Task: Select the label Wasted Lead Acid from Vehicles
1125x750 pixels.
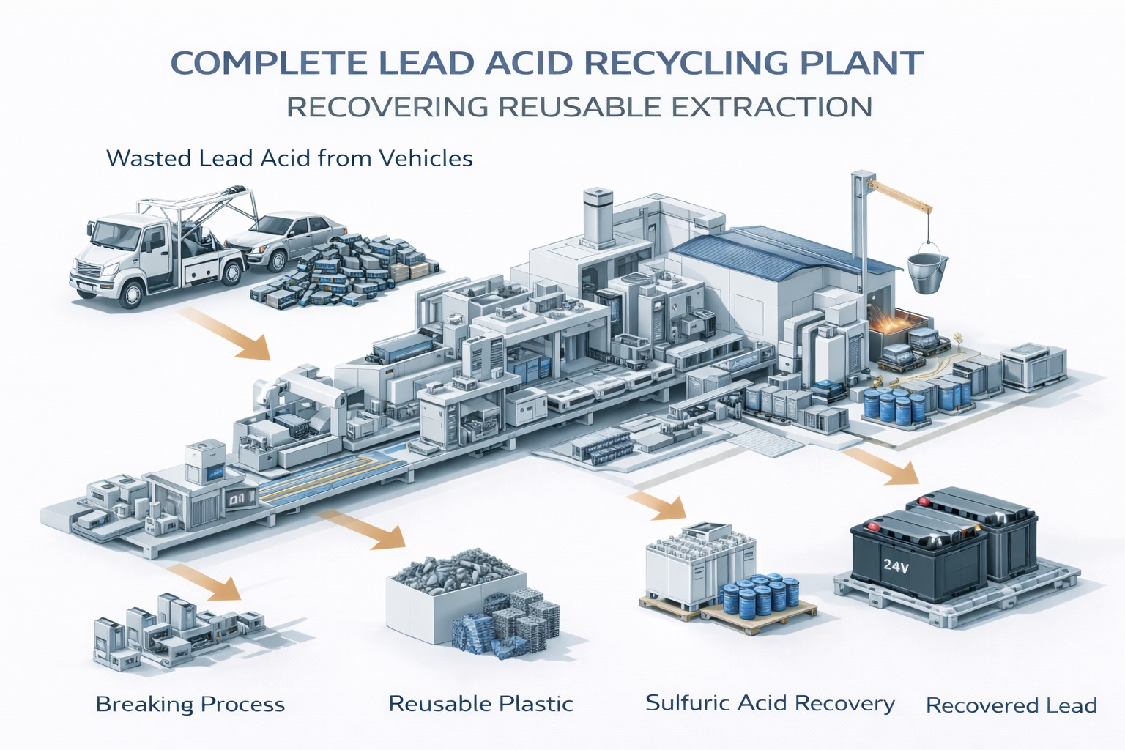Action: coord(289,158)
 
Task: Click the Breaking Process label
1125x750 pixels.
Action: coord(190,705)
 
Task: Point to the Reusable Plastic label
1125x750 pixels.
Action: coord(480,704)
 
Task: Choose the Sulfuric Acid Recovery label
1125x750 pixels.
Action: coord(770,703)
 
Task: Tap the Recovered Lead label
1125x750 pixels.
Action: coord(1011,705)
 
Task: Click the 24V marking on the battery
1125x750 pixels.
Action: coord(896,565)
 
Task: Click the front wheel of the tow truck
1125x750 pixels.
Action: coord(132,293)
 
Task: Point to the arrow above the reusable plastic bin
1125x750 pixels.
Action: coord(364,529)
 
